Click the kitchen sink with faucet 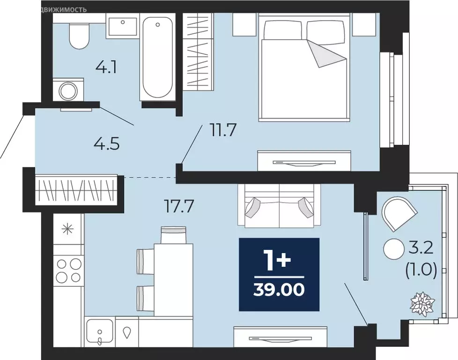tap(99, 331)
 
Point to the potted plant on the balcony tap(422, 303)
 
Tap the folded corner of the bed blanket tap(326, 54)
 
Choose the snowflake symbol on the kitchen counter tap(68, 229)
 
